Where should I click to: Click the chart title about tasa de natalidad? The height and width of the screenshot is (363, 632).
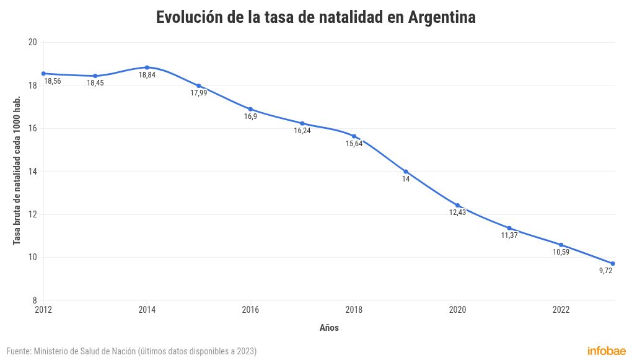point(315,17)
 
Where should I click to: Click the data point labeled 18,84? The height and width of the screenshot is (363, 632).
point(147,67)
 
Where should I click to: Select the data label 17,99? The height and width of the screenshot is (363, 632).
point(199,93)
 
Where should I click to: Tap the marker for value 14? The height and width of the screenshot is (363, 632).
point(406,172)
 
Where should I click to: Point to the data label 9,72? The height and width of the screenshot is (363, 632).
point(605,271)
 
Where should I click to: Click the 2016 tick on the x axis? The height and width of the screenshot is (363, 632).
point(250,310)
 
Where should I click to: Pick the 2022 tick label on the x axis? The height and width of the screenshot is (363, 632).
point(561,310)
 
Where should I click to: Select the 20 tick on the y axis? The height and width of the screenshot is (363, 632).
point(33,42)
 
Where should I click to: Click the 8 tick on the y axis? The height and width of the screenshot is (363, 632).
point(35,300)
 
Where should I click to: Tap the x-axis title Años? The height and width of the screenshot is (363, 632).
point(329,328)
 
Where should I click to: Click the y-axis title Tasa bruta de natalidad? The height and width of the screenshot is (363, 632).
point(17,170)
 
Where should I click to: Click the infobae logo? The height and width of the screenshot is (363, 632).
point(606,351)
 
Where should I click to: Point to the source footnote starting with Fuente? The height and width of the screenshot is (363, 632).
point(131,351)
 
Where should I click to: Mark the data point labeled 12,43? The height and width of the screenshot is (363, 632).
point(457,205)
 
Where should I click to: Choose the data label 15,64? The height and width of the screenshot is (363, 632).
point(354,144)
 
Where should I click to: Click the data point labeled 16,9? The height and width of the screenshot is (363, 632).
point(250,109)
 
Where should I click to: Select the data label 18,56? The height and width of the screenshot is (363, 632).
point(53,81)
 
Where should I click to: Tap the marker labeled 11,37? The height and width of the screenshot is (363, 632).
point(509,228)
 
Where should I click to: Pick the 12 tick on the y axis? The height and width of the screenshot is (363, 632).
point(33,214)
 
